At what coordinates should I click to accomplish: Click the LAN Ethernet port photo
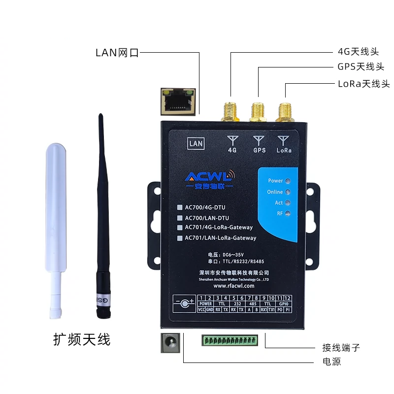tap(178, 98)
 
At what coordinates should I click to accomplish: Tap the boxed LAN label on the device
tap(196, 144)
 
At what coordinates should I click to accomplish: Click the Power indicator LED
tap(288, 181)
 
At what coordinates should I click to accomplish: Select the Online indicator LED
tap(288, 192)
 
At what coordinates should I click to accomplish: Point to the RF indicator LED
tap(288, 213)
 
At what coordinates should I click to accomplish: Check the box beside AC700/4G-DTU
tap(180, 207)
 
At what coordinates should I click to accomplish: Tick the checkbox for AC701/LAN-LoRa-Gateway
tap(180, 238)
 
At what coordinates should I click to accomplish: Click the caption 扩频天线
tap(82, 339)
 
